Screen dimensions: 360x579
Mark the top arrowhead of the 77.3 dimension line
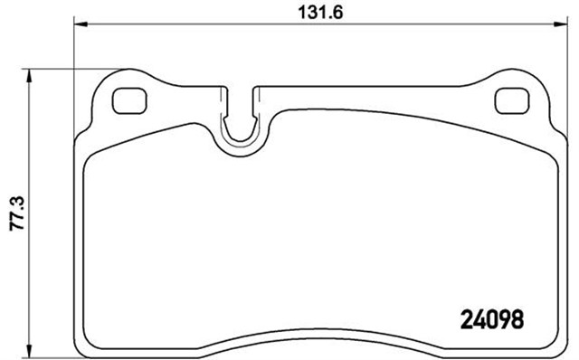(33, 76)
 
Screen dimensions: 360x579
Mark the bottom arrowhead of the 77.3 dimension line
(33, 350)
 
